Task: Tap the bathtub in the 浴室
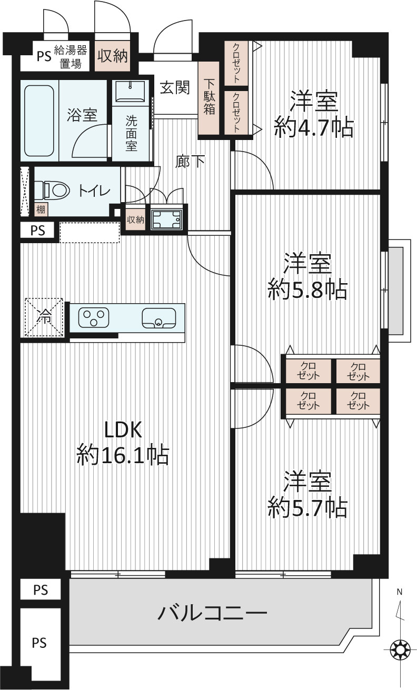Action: coord(39,121)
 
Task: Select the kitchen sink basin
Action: coord(158,318)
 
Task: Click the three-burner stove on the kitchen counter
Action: coord(94,317)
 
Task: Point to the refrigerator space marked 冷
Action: coord(44,317)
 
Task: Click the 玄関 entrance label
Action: coord(175,88)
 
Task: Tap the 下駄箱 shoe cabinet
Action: coord(208,98)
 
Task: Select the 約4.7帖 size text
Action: coord(314,127)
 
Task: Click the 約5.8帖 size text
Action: coord(307,289)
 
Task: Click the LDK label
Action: coord(123,429)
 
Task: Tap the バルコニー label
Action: coord(212,613)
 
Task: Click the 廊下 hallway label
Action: coord(190,161)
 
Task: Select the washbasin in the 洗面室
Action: coord(130,92)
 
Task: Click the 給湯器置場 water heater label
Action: coord(71,57)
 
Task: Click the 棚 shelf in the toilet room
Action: coord(41,209)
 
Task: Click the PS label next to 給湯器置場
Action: coord(44,57)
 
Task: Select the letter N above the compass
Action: coord(400,592)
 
